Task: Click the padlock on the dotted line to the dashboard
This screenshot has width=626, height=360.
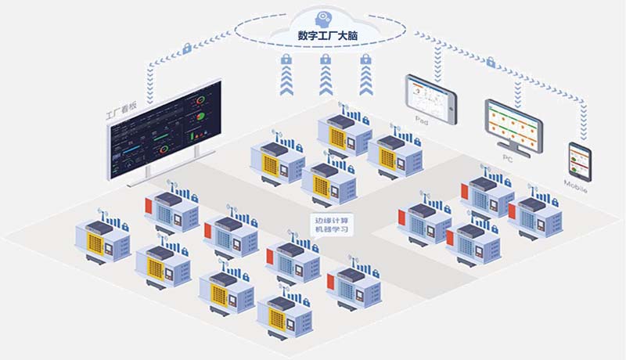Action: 188,49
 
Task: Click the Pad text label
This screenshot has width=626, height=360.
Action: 422,122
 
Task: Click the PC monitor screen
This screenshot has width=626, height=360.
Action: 513,124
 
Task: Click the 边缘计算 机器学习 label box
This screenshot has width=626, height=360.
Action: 329,225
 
